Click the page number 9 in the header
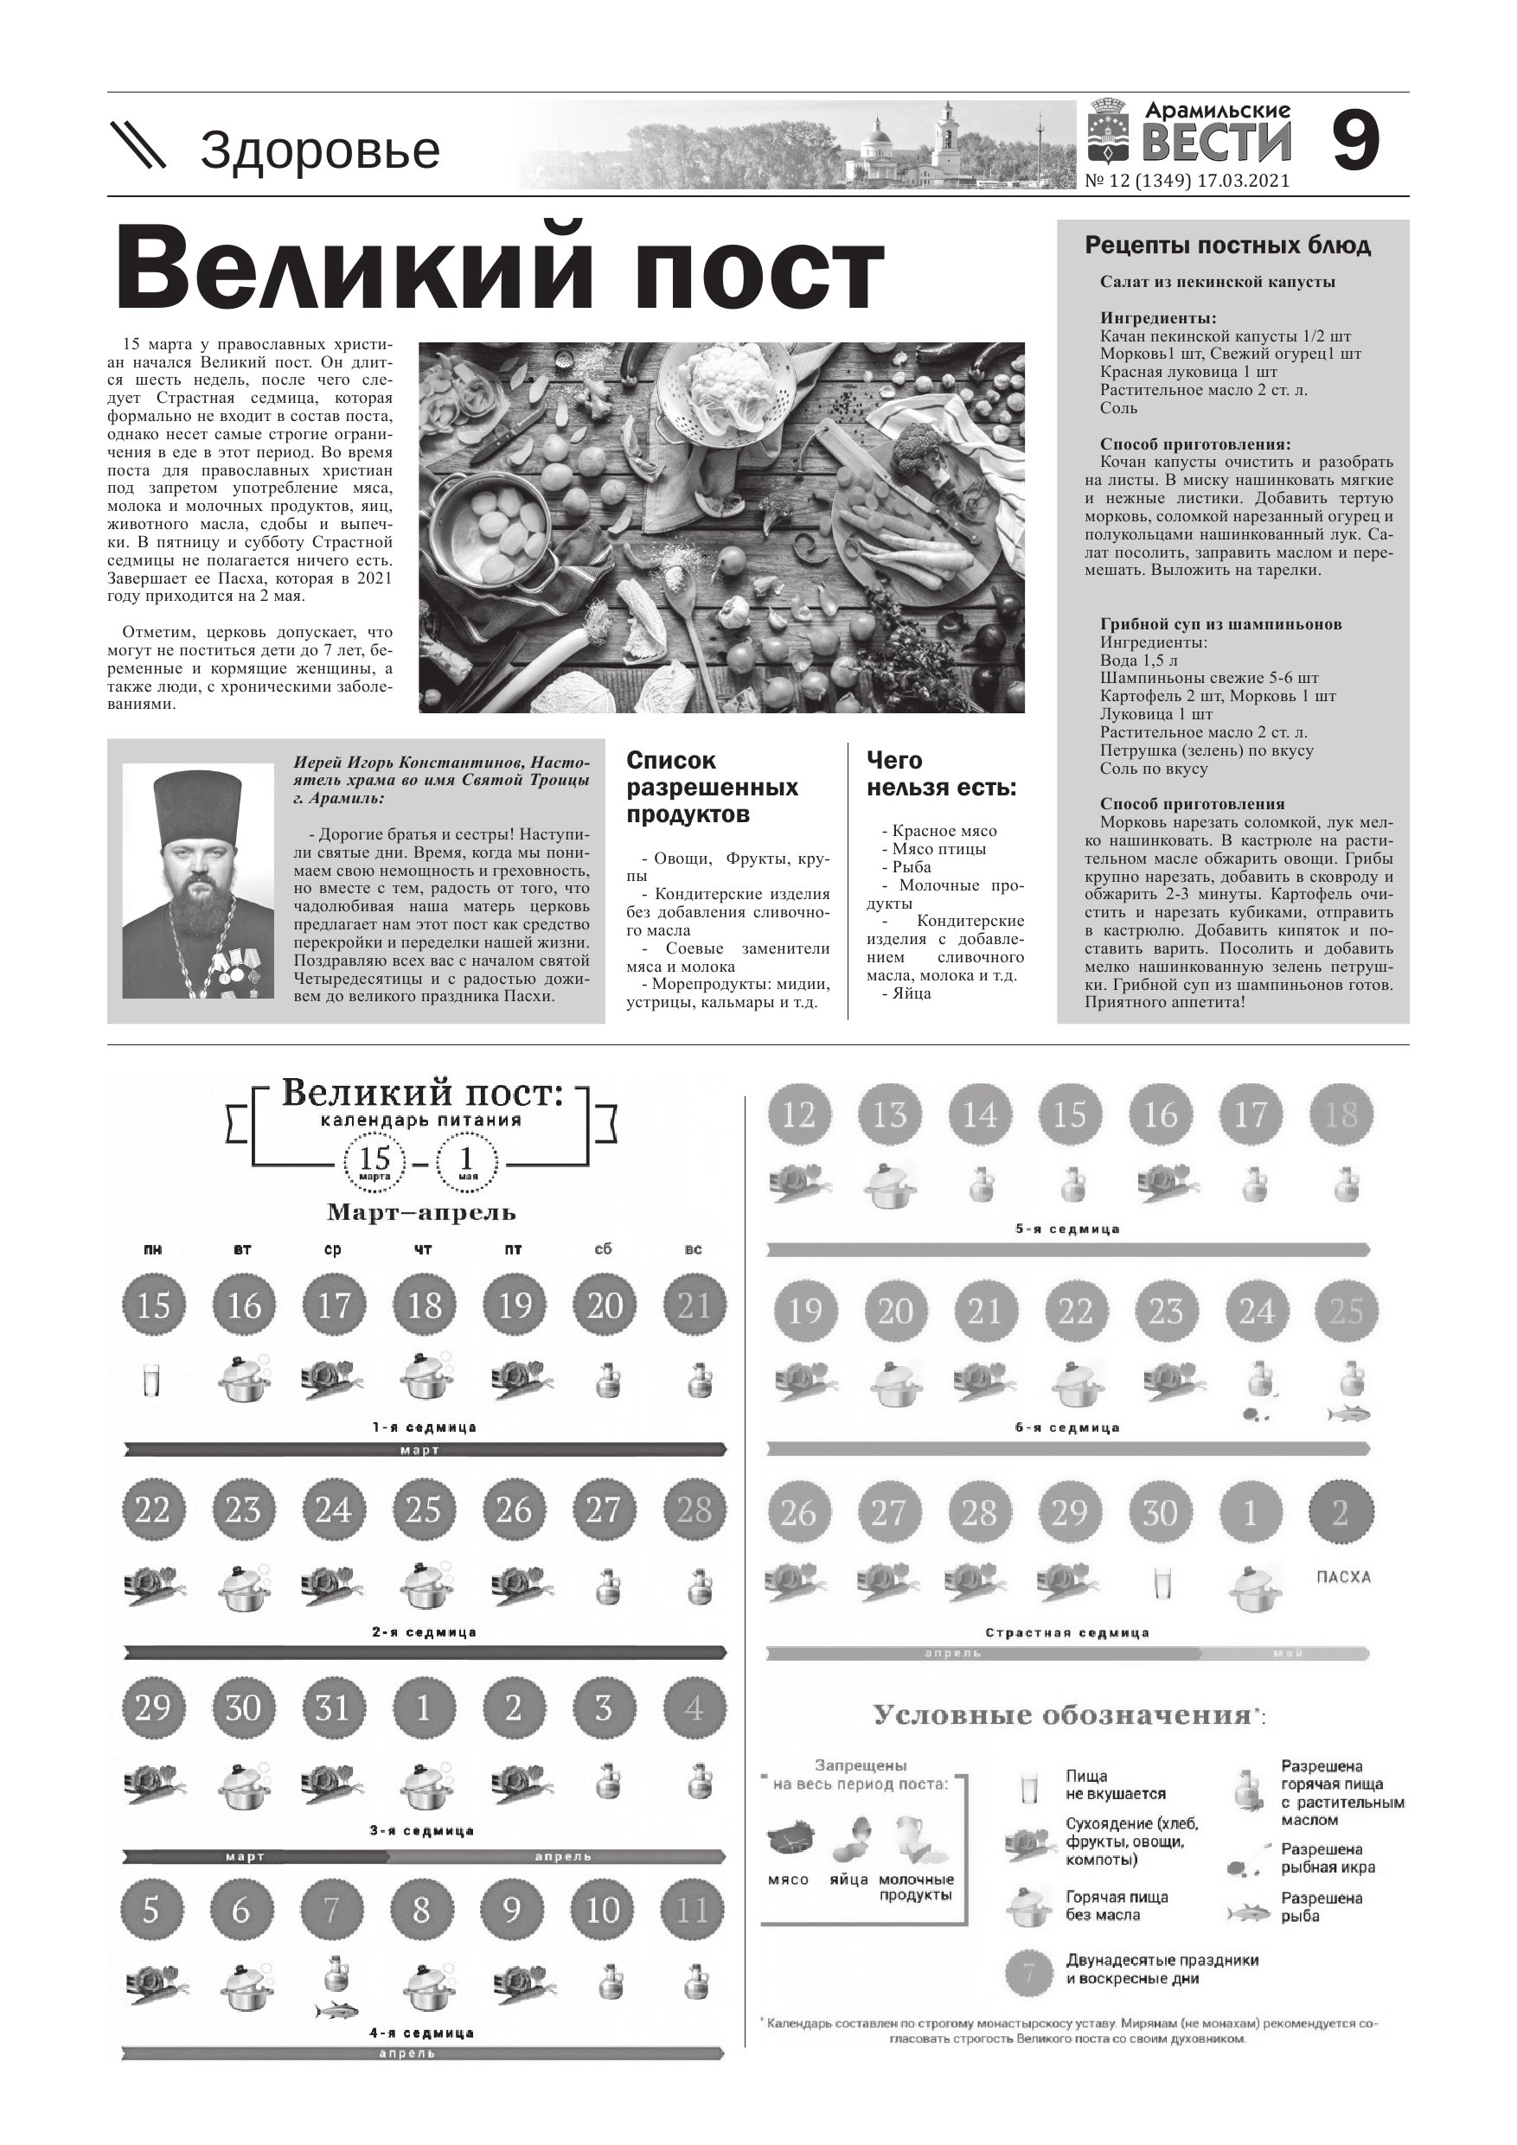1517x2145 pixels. [1355, 142]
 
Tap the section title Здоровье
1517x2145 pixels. [320, 150]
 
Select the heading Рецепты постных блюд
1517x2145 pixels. [1227, 246]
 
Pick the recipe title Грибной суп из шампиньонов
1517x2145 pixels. [1220, 624]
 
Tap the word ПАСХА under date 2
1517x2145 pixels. [1342, 1577]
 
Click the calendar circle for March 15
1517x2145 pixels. [153, 1306]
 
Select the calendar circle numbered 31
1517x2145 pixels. [333, 1708]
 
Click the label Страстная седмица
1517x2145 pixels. [1066, 1633]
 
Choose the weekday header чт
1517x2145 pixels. [424, 1250]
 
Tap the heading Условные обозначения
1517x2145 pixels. [1062, 1715]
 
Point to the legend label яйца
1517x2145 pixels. [848, 1880]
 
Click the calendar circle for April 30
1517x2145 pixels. [1159, 1512]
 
